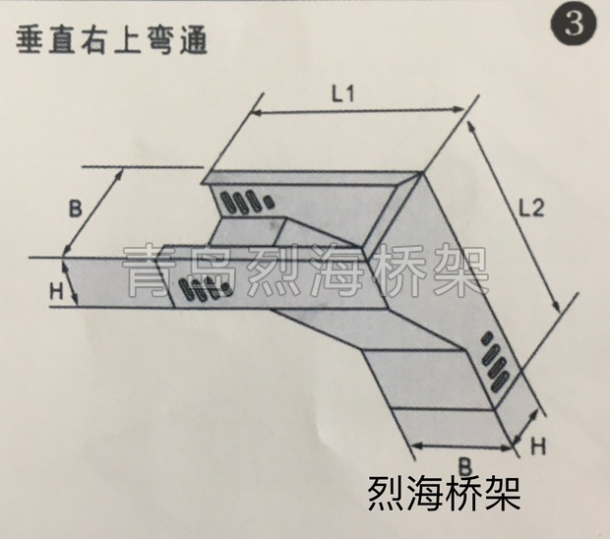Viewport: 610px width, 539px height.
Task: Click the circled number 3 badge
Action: [x=574, y=24]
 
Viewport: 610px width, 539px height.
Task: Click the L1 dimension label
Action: [x=343, y=93]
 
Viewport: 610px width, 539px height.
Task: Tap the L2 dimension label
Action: [x=530, y=210]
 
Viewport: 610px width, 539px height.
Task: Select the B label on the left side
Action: [x=76, y=209]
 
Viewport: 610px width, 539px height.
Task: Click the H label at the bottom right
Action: [x=539, y=447]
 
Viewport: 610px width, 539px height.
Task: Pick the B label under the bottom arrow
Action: [x=465, y=466]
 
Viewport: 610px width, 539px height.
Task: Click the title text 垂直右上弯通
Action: [x=111, y=40]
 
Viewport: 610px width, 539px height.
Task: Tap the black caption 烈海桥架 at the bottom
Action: [x=444, y=495]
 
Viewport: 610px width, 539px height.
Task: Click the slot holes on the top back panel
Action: [x=246, y=201]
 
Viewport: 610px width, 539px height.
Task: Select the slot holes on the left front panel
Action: [x=205, y=290]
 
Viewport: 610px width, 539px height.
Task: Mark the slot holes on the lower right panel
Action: [x=495, y=362]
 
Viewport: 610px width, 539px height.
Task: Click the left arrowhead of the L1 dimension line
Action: [x=254, y=113]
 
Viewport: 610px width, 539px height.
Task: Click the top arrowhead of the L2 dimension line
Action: [x=471, y=125]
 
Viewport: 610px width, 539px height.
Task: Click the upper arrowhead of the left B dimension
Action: [x=119, y=173]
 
